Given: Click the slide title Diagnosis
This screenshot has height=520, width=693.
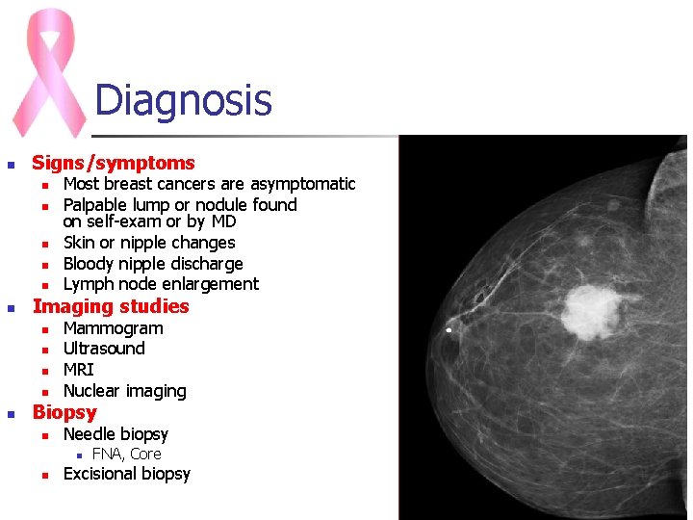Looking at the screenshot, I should [183, 100].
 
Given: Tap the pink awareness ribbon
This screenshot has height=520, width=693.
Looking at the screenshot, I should [48, 72].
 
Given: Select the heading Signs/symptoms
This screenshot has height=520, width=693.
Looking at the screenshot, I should [114, 163].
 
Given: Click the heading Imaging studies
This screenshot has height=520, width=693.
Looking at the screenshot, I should [111, 306].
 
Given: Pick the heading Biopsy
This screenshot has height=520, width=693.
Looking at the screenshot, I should [64, 412].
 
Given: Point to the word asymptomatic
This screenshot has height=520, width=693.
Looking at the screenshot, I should [303, 184].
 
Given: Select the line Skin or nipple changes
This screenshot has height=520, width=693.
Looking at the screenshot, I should [148, 243].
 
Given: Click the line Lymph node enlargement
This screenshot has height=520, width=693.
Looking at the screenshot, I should [161, 284].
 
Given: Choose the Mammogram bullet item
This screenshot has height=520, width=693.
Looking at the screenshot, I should [113, 328].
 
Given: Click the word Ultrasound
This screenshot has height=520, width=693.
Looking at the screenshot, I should [104, 349].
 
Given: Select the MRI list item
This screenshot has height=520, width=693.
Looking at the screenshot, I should [78, 370].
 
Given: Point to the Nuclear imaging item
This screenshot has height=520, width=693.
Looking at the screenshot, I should [124, 391].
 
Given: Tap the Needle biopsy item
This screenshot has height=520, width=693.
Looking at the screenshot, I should [115, 434].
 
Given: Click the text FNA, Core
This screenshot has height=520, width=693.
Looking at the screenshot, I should [126, 455].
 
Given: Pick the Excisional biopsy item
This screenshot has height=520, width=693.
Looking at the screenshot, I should [126, 474].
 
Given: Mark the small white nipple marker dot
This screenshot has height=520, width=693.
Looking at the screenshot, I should [449, 330].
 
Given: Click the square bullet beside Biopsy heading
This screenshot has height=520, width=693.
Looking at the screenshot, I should [11, 414].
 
